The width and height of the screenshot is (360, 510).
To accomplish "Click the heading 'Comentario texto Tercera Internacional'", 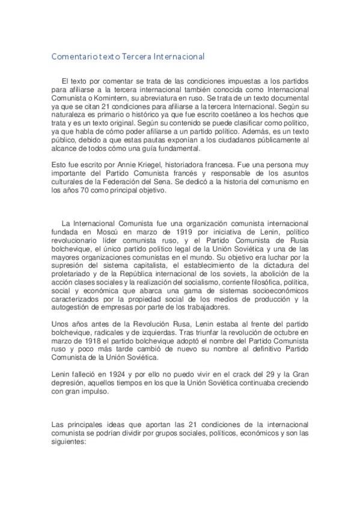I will [x=127, y=57].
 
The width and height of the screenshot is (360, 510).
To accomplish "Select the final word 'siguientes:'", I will [x=70, y=440].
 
